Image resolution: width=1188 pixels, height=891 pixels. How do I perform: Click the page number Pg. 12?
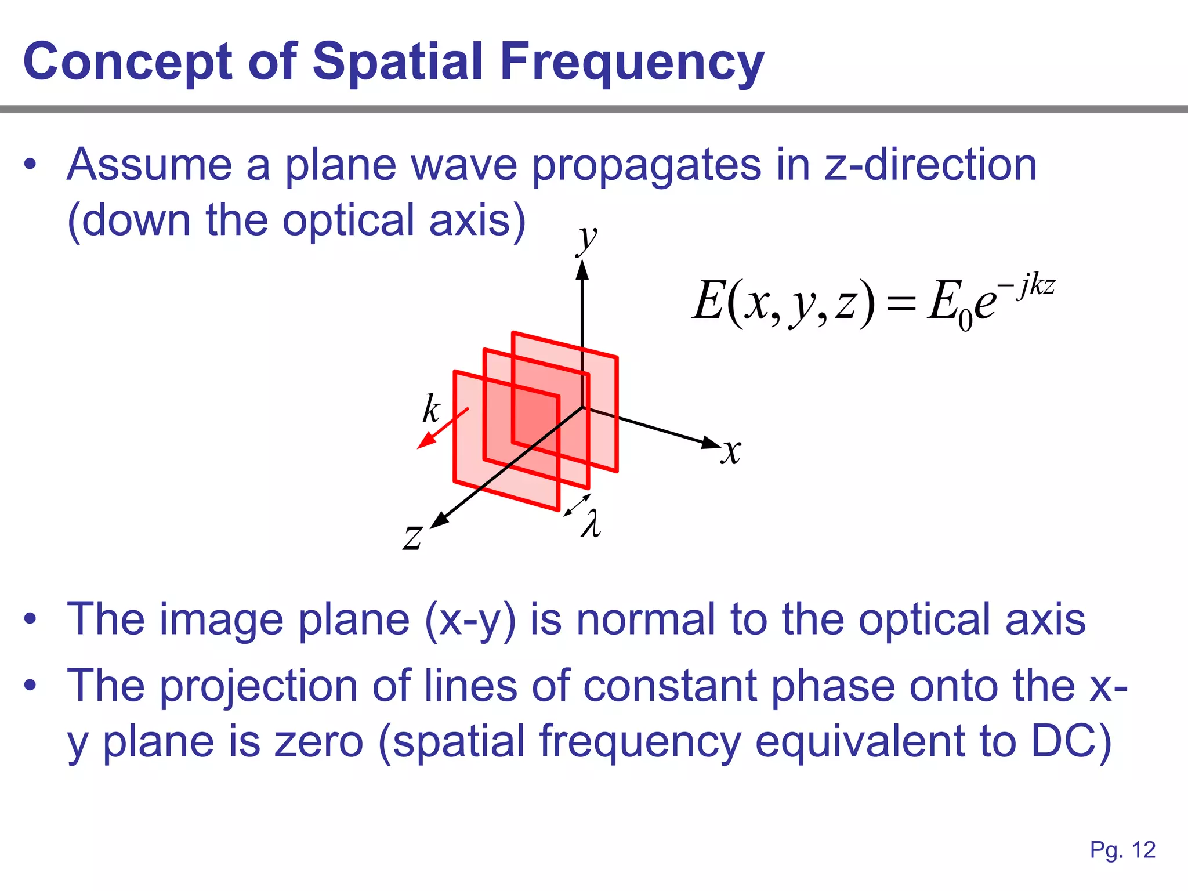(1122, 850)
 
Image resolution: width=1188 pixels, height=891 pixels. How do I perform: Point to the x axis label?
(731, 452)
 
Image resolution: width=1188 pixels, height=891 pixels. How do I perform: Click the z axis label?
(413, 537)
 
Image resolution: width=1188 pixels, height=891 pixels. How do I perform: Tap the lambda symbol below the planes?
(591, 524)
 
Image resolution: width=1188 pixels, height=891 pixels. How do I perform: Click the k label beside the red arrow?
(431, 409)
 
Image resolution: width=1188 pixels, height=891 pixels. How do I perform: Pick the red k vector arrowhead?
(425, 442)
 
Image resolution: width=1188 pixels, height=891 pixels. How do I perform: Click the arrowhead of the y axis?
(582, 269)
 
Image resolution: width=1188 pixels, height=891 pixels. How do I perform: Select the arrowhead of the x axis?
(711, 443)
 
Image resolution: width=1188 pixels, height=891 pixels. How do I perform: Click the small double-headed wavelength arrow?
(577, 505)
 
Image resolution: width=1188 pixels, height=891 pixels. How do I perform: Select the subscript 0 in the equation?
(965, 321)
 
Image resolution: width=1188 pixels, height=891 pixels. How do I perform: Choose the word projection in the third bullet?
(258, 687)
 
